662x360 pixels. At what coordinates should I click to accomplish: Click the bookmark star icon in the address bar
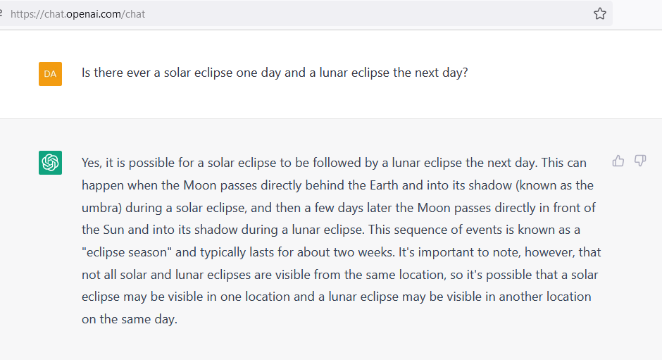click(600, 14)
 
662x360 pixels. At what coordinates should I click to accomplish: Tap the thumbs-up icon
click(618, 161)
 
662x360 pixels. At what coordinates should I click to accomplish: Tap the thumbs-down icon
click(640, 161)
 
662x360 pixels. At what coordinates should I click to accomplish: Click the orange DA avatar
click(50, 74)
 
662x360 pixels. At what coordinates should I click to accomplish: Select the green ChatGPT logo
click(50, 163)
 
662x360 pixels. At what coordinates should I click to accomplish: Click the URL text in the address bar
click(77, 14)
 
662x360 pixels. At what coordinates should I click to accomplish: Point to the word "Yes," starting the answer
click(92, 163)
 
